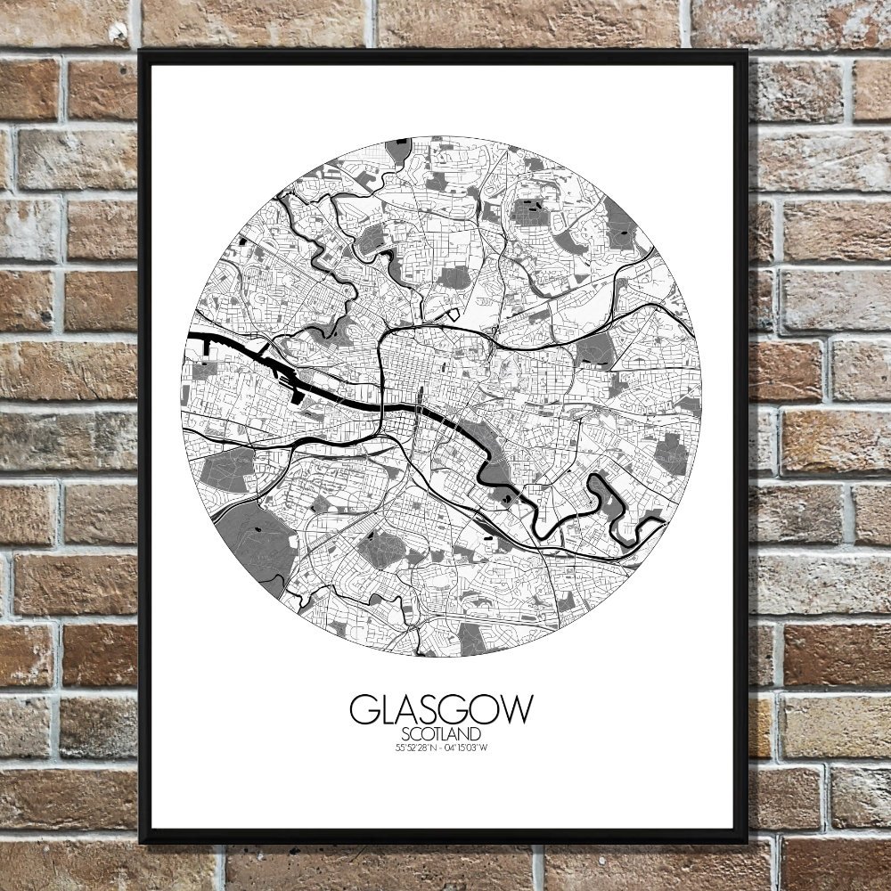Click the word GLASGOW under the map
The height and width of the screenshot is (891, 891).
[x=441, y=709]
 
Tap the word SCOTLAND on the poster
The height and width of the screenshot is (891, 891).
[x=441, y=734]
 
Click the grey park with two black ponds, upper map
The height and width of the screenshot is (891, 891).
[x=531, y=214]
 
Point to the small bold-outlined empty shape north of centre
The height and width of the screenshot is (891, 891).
[x=453, y=313]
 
